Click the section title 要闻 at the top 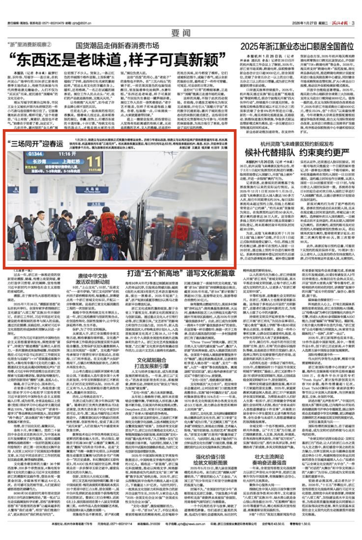[181, 33]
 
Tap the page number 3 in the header [353, 23]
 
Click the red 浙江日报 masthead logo [340, 23]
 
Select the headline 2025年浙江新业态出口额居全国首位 [297, 46]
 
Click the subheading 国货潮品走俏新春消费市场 [117, 46]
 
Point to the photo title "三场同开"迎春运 [35, 144]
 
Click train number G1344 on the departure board [35, 154]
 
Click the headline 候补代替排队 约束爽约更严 [297, 153]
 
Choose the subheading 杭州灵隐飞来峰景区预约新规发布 [297, 144]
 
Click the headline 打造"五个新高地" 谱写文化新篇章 [181, 273]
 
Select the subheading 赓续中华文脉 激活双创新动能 [93, 278]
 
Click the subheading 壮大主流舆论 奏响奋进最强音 [268, 459]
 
